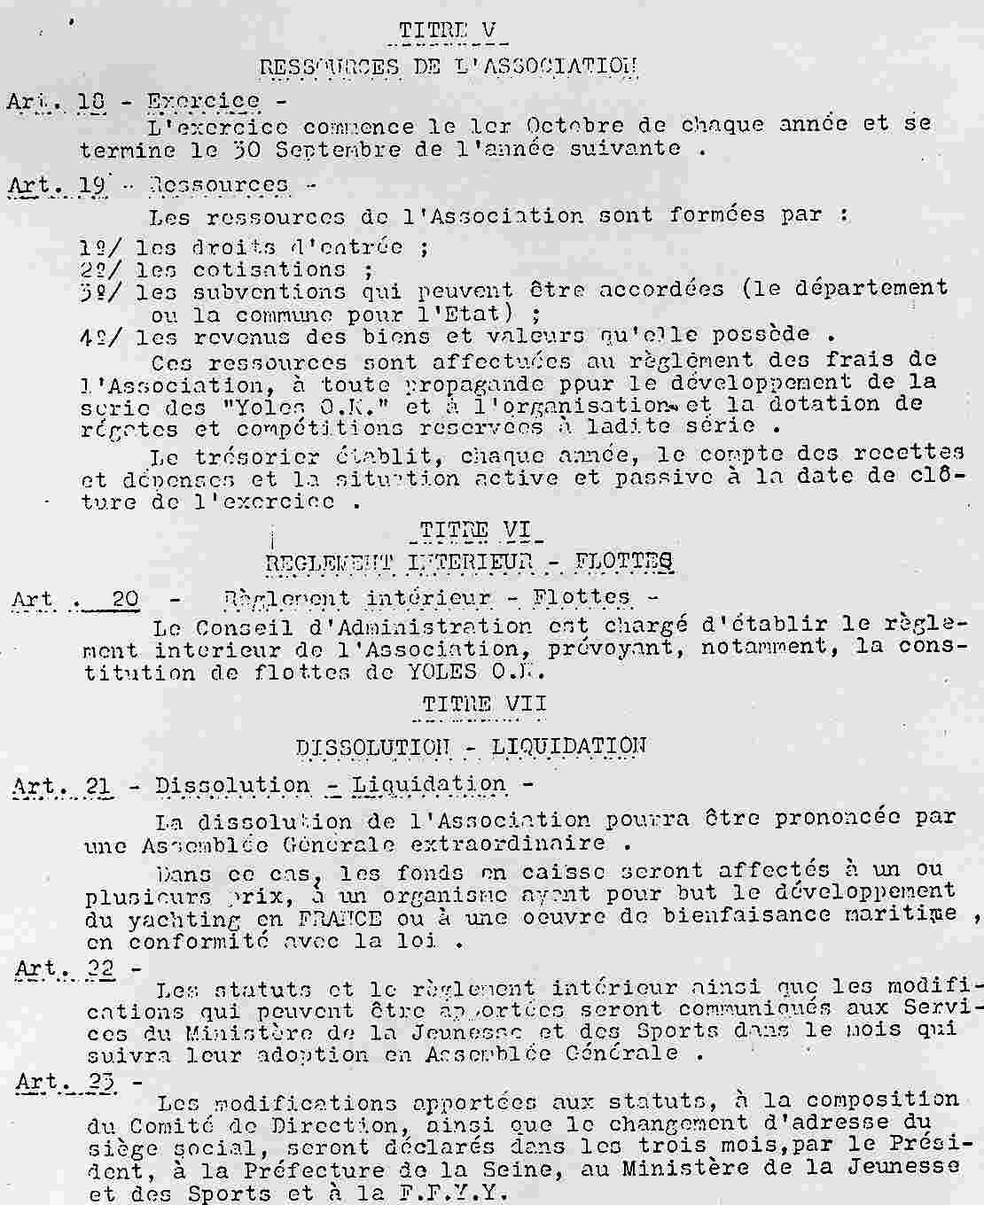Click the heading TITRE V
click(x=452, y=30)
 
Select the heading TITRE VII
click(x=484, y=704)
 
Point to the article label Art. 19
click(x=58, y=185)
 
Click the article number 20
click(x=126, y=599)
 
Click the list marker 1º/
click(x=102, y=247)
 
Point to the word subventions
click(x=269, y=292)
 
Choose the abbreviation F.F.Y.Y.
click(x=462, y=1193)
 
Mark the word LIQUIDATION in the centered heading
click(x=568, y=746)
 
